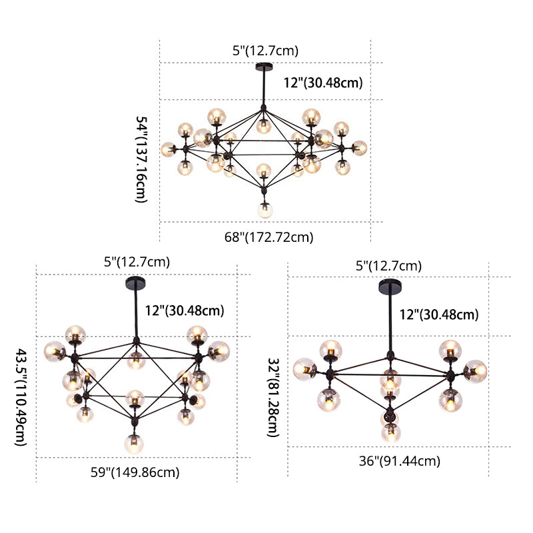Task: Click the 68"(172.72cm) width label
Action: [268, 237]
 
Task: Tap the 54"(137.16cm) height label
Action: [141, 159]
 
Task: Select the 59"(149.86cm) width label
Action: [135, 472]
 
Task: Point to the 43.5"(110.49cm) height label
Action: [21, 396]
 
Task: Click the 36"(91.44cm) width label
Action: [399, 461]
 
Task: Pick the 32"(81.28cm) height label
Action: [273, 397]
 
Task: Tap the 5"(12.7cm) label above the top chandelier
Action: [265, 51]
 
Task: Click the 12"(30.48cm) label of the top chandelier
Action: [323, 83]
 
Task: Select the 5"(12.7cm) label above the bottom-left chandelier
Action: [137, 262]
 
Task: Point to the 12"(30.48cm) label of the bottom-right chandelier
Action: [439, 314]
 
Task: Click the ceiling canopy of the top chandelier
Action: [264, 67]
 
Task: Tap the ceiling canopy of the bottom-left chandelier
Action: [135, 283]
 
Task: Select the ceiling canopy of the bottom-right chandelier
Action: [390, 286]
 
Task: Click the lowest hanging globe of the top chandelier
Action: [265, 210]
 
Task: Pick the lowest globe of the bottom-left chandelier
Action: [134, 444]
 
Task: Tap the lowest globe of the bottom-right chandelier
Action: [391, 432]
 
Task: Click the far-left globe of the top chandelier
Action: [169, 149]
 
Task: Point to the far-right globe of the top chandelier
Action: [359, 148]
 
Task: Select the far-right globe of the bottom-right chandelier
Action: [475, 371]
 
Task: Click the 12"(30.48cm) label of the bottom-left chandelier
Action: [185, 310]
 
